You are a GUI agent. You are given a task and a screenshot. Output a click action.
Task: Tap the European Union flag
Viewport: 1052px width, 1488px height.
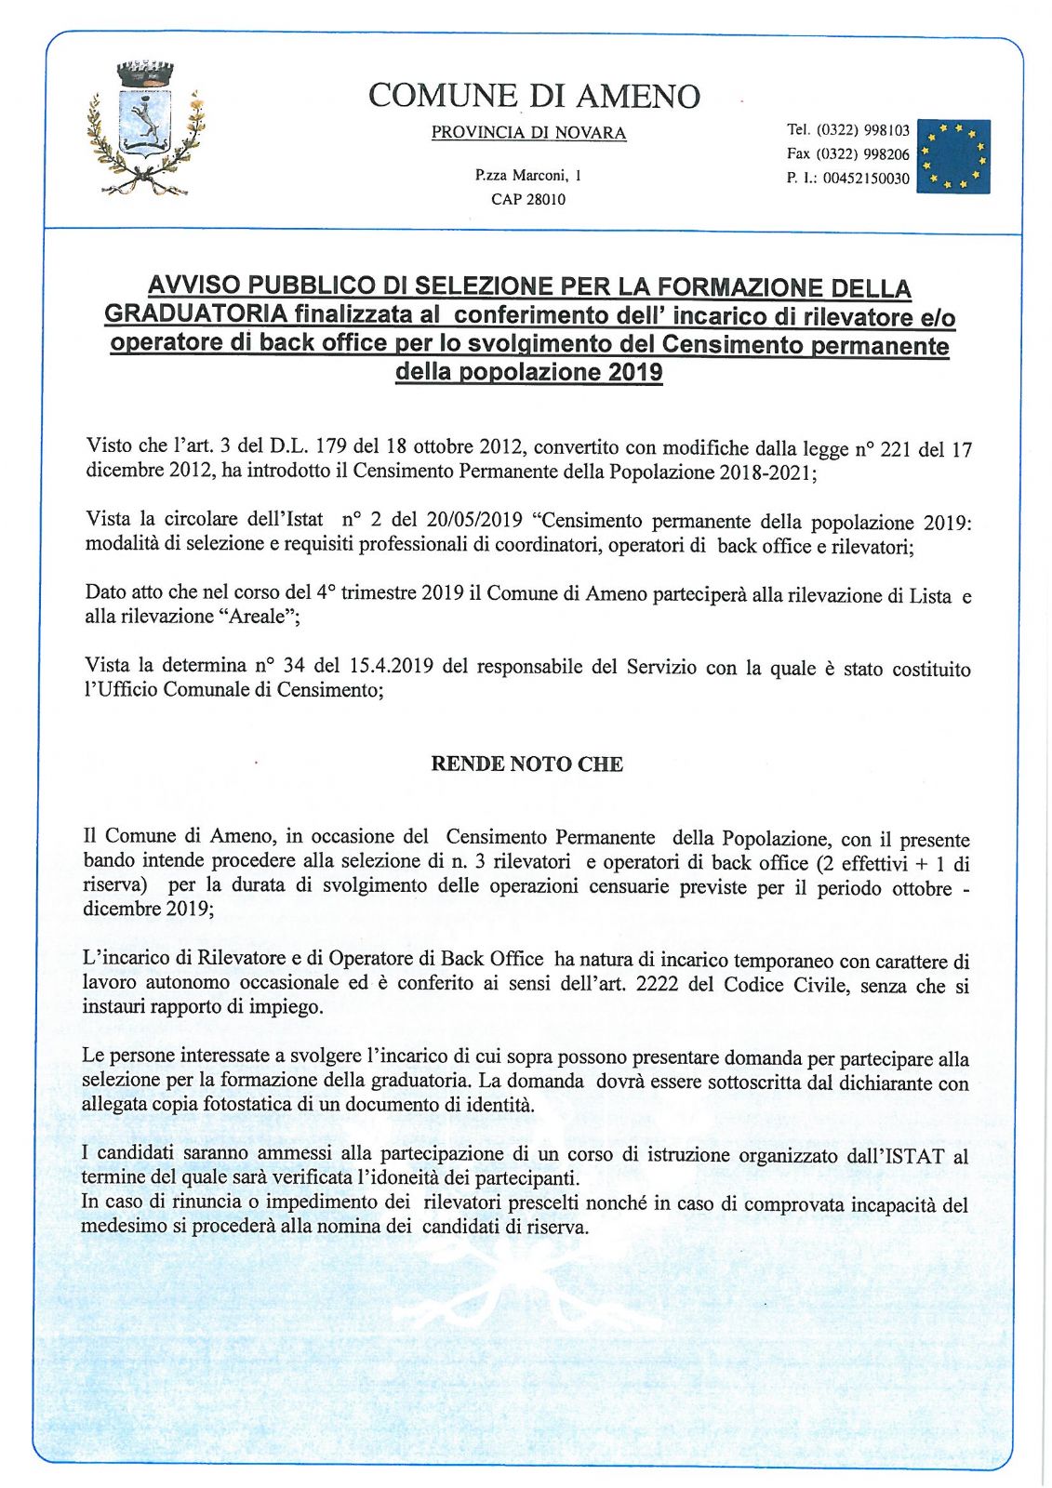click(x=952, y=156)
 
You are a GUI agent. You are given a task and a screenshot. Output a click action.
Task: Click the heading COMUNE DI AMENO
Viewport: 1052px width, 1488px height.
click(x=534, y=96)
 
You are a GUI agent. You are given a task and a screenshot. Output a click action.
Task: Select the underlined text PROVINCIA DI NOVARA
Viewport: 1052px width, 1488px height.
click(x=528, y=133)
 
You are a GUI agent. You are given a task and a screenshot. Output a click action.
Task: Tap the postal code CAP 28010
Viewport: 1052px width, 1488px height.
click(x=528, y=199)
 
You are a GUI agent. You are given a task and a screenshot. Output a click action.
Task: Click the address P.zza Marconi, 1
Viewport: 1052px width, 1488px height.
click(x=528, y=175)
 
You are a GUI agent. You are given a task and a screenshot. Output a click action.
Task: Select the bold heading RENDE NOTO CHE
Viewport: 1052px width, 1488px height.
click(x=526, y=764)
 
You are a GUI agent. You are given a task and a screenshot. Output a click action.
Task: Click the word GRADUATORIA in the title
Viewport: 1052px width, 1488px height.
click(x=195, y=313)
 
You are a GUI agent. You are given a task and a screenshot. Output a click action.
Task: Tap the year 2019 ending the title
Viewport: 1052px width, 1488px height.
click(x=635, y=373)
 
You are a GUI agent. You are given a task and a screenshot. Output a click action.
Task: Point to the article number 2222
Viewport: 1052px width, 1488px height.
click(x=659, y=985)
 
